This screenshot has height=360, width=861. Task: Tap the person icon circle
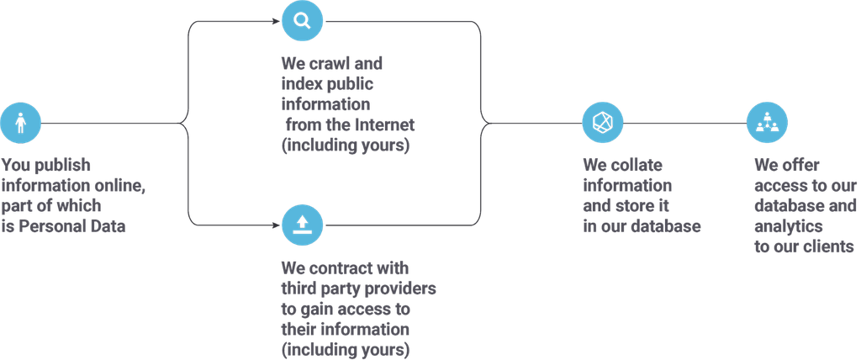21,124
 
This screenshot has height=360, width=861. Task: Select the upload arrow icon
301,225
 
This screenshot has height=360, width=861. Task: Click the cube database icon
603,124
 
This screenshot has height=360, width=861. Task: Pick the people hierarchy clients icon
768,124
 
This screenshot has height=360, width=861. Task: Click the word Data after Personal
108,227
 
